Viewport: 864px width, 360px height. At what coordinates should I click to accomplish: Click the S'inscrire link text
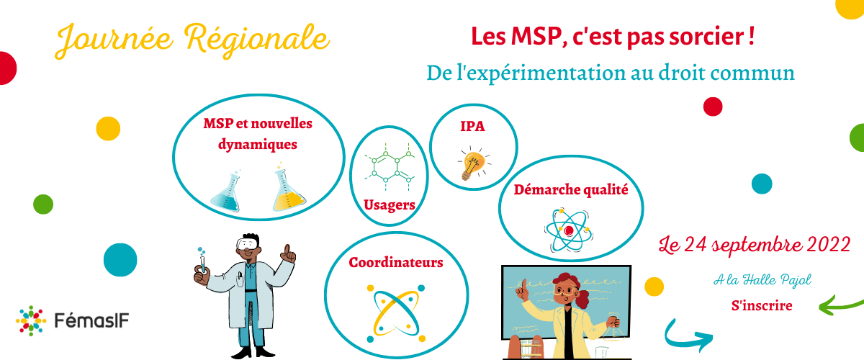762,305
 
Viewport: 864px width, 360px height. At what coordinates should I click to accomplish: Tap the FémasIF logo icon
31,320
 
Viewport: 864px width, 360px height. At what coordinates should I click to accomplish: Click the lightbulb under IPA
474,163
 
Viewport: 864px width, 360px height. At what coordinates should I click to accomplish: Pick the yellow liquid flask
288,188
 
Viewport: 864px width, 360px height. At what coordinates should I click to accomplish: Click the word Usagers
390,205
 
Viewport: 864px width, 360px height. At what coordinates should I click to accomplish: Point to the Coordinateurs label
396,263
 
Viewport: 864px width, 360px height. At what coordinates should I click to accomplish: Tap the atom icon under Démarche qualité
569,230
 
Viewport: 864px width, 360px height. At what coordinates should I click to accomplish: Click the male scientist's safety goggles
248,244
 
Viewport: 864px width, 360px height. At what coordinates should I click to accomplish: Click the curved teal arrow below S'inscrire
683,337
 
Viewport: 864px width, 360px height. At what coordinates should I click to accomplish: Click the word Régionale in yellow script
256,40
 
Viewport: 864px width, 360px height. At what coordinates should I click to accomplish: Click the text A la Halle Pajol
762,280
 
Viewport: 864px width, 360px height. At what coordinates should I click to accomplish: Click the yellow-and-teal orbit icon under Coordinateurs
396,314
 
